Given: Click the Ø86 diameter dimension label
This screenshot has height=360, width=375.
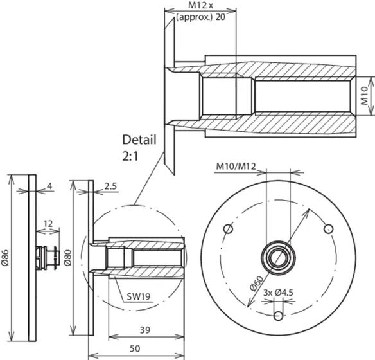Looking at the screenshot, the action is pyautogui.click(x=6, y=258).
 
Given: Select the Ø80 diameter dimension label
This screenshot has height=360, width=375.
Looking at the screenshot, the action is pyautogui.click(x=67, y=258).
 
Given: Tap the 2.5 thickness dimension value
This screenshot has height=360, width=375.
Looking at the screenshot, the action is pyautogui.click(x=110, y=186).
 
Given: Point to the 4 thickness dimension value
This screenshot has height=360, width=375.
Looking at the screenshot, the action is pyautogui.click(x=49, y=186).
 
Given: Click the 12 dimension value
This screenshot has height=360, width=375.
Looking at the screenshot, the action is pyautogui.click(x=48, y=224).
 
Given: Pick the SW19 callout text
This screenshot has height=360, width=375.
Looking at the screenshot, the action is pyautogui.click(x=139, y=297).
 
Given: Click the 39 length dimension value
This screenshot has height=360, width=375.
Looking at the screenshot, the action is pyautogui.click(x=145, y=330).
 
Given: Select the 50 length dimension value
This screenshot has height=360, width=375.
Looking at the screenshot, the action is pyautogui.click(x=135, y=348).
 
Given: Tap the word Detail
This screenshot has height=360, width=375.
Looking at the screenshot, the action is pyautogui.click(x=139, y=139).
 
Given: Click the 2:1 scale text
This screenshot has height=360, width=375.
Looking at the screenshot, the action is pyautogui.click(x=130, y=157).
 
